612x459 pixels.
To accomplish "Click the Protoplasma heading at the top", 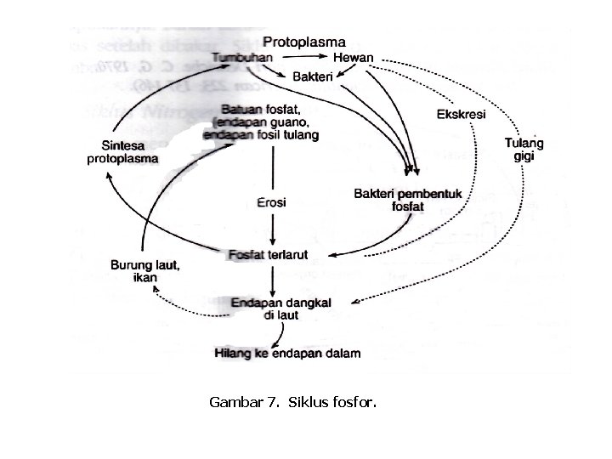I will point(304,41).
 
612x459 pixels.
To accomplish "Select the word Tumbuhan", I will point(243,57).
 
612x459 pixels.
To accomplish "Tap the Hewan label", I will point(354,57).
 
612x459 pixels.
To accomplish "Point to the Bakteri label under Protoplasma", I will point(314,77).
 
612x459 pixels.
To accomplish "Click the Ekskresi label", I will point(462,115).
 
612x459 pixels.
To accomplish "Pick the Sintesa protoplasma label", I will point(122,152).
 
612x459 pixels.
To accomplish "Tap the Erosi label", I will point(271,203).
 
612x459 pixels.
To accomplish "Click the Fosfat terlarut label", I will point(270,255).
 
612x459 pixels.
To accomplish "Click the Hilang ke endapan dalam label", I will point(288,353).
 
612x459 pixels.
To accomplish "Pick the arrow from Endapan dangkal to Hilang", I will point(271,333).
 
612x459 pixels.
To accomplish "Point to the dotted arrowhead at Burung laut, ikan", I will point(155,290).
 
